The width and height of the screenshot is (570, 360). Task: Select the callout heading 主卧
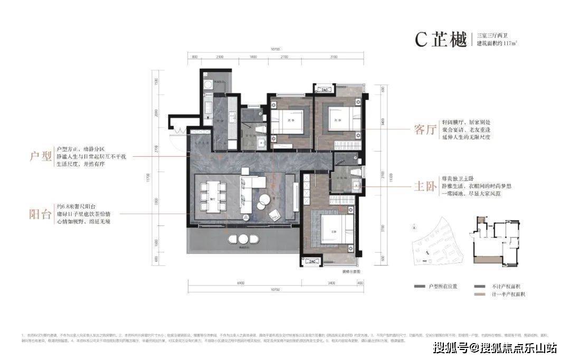(426, 187)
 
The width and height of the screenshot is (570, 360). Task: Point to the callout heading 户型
(41, 157)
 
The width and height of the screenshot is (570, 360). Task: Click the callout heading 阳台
(41, 214)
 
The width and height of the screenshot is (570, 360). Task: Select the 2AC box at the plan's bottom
(311, 261)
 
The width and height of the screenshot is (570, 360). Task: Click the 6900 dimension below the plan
(241, 283)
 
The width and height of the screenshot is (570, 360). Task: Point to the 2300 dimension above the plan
(220, 56)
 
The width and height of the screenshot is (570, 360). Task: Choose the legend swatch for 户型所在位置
(420, 286)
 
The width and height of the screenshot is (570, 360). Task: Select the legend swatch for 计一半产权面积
(480, 295)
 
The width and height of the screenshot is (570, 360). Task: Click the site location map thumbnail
(438, 241)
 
